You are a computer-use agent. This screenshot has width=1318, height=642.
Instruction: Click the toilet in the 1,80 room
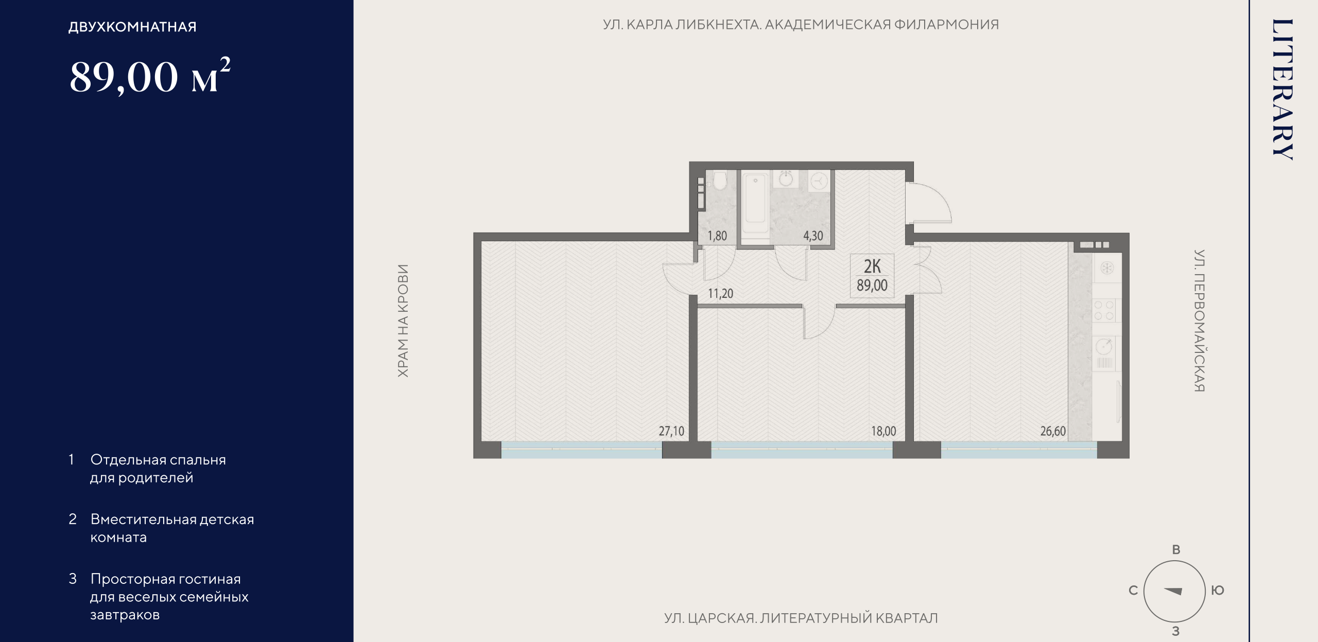click(x=719, y=180)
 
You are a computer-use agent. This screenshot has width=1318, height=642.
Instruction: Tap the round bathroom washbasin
click(x=786, y=179)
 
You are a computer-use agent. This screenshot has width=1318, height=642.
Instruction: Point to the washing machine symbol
click(x=819, y=181)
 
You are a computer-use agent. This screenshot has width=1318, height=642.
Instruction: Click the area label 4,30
click(x=813, y=236)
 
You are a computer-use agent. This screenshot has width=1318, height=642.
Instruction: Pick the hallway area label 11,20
click(x=720, y=294)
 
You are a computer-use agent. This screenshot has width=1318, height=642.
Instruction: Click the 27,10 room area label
click(x=671, y=431)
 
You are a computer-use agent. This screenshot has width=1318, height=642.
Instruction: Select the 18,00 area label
click(x=883, y=431)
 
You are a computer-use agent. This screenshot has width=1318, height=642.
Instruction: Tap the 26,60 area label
click(x=1053, y=431)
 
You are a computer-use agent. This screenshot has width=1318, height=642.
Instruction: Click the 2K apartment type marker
click(x=872, y=266)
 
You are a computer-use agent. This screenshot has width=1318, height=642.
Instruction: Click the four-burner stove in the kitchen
click(x=1104, y=310)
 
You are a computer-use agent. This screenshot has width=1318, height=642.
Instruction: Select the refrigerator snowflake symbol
click(x=1107, y=268)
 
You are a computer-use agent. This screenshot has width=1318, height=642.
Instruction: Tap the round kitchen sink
click(x=1104, y=346)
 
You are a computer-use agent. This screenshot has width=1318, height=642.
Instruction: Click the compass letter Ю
click(x=1218, y=591)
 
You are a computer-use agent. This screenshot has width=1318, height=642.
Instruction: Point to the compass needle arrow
click(x=1173, y=591)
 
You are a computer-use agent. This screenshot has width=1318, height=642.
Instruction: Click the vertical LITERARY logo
click(x=1282, y=90)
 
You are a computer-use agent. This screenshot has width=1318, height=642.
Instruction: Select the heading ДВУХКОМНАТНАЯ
click(x=132, y=27)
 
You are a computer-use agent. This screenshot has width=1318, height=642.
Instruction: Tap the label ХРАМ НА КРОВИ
click(x=403, y=321)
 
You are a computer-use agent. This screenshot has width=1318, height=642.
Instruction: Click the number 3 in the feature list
click(x=73, y=579)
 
